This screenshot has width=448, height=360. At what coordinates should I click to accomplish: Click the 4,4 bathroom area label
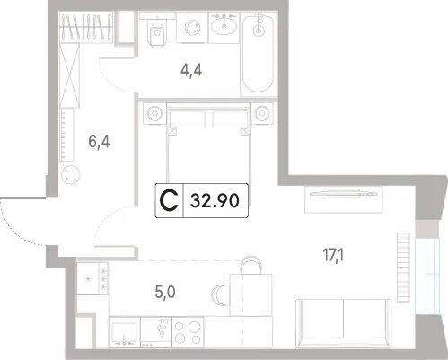click(191, 71)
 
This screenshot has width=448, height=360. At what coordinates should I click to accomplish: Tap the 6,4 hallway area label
click(99, 141)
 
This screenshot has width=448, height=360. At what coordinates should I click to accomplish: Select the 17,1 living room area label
click(333, 256)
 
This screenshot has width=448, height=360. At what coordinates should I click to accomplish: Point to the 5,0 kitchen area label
click(165, 292)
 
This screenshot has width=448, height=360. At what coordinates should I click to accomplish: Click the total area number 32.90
click(215, 200)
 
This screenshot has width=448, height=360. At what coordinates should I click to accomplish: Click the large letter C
click(169, 200)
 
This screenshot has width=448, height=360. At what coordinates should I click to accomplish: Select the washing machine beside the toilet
click(192, 28)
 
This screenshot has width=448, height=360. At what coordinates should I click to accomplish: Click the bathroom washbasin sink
click(224, 25)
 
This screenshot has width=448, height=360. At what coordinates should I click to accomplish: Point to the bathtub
click(259, 54)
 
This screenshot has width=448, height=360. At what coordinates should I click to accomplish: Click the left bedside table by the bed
click(154, 113)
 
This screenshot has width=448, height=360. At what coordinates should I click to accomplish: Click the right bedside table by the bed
click(262, 113)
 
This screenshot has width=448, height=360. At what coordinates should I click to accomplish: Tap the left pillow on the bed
click(188, 119)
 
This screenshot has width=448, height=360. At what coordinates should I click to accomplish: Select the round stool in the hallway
click(71, 175)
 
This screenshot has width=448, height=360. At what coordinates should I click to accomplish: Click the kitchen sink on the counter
click(125, 333)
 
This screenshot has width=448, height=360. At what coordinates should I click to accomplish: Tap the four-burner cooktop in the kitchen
click(188, 332)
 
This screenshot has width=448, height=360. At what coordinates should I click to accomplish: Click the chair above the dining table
click(251, 265)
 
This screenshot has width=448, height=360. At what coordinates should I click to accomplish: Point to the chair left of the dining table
click(221, 294)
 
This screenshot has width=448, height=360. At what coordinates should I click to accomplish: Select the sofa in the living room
click(343, 323)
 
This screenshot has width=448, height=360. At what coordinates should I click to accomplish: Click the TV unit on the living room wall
click(344, 199)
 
